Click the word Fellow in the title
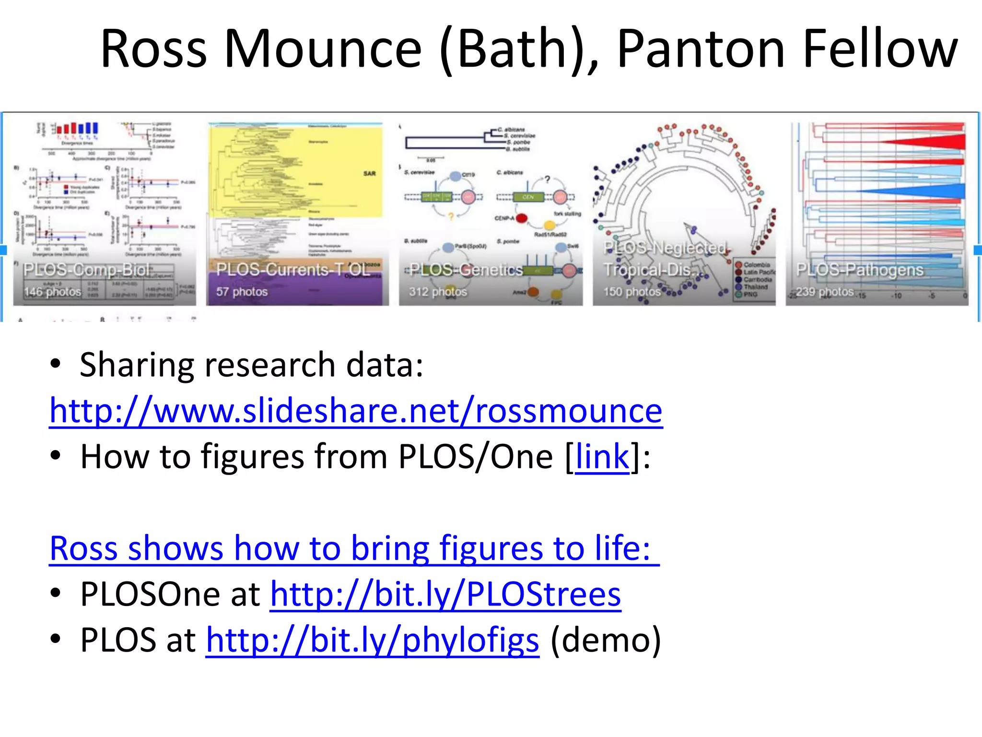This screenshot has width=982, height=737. click(x=880, y=49)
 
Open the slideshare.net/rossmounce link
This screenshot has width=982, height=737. click(x=356, y=411)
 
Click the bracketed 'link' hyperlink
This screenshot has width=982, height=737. click(x=602, y=456)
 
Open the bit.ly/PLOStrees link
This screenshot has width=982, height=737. click(x=445, y=594)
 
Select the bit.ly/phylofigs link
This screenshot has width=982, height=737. click(x=373, y=640)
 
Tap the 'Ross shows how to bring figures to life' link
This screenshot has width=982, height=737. click(x=354, y=548)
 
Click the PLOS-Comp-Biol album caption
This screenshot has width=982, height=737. click(x=87, y=270)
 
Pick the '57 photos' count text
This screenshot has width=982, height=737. click(x=242, y=292)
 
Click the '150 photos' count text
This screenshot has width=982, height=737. click(x=631, y=292)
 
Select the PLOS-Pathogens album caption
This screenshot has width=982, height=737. click(x=859, y=270)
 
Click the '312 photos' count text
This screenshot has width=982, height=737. click(x=437, y=292)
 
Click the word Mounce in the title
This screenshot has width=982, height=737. click(x=323, y=49)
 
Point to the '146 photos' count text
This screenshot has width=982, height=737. click(x=53, y=292)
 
